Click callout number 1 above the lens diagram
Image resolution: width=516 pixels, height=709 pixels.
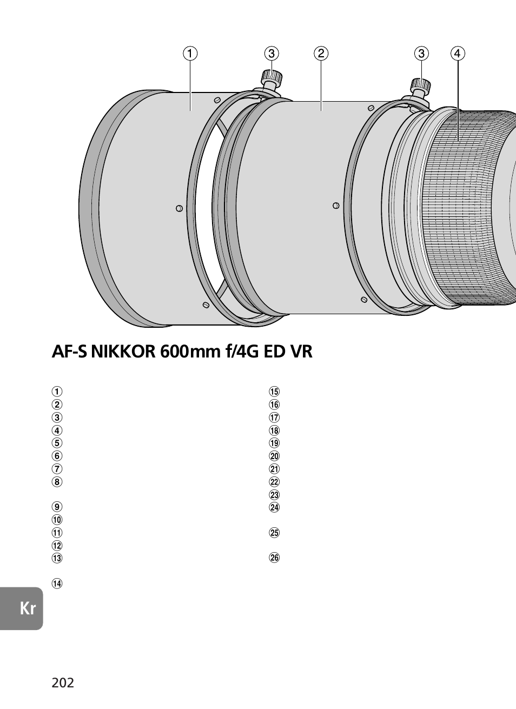point(190,53)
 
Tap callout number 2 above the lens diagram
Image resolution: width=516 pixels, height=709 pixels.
point(321,53)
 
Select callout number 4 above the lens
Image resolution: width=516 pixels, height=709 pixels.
point(458,53)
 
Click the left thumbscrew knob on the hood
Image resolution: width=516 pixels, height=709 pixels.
point(272,76)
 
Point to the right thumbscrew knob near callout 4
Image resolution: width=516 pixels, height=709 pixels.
point(421,84)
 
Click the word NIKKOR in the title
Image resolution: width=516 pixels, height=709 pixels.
point(123,352)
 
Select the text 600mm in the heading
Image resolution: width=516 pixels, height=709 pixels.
point(190,352)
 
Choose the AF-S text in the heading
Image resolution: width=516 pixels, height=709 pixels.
point(69,352)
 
